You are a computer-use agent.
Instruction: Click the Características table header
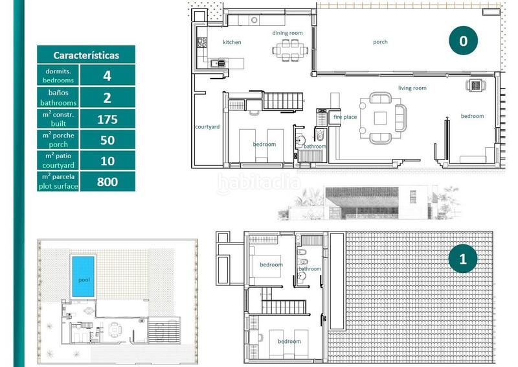86,55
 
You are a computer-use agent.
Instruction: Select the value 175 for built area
107,119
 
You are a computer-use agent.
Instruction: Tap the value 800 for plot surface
107,182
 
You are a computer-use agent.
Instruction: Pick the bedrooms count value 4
107,75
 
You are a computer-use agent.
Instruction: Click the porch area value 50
107,140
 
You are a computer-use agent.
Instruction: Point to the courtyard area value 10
107,161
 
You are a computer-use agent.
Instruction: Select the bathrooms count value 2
107,98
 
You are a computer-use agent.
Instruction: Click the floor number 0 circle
463,41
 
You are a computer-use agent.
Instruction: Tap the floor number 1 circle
463,259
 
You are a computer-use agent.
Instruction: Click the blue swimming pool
82,276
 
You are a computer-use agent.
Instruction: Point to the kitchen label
232,42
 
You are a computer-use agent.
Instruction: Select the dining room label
287,32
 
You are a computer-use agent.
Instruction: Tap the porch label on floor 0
380,42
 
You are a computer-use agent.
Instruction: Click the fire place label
345,117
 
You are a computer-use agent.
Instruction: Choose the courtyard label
207,126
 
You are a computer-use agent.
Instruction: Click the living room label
412,88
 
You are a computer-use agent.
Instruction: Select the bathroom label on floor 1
310,268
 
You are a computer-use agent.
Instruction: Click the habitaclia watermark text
258,184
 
